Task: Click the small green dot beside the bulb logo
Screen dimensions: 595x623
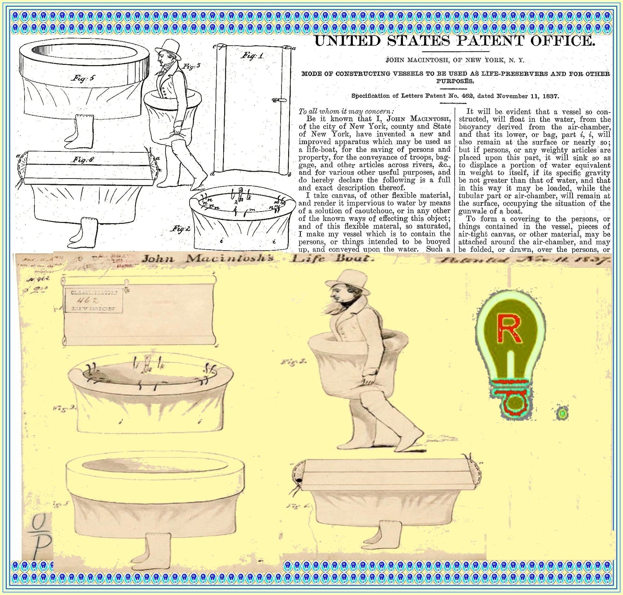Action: pyautogui.click(x=562, y=414)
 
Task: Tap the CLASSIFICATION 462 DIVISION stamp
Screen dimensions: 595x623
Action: pyautogui.click(x=93, y=300)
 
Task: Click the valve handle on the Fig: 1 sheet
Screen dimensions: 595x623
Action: pyautogui.click(x=278, y=100)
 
